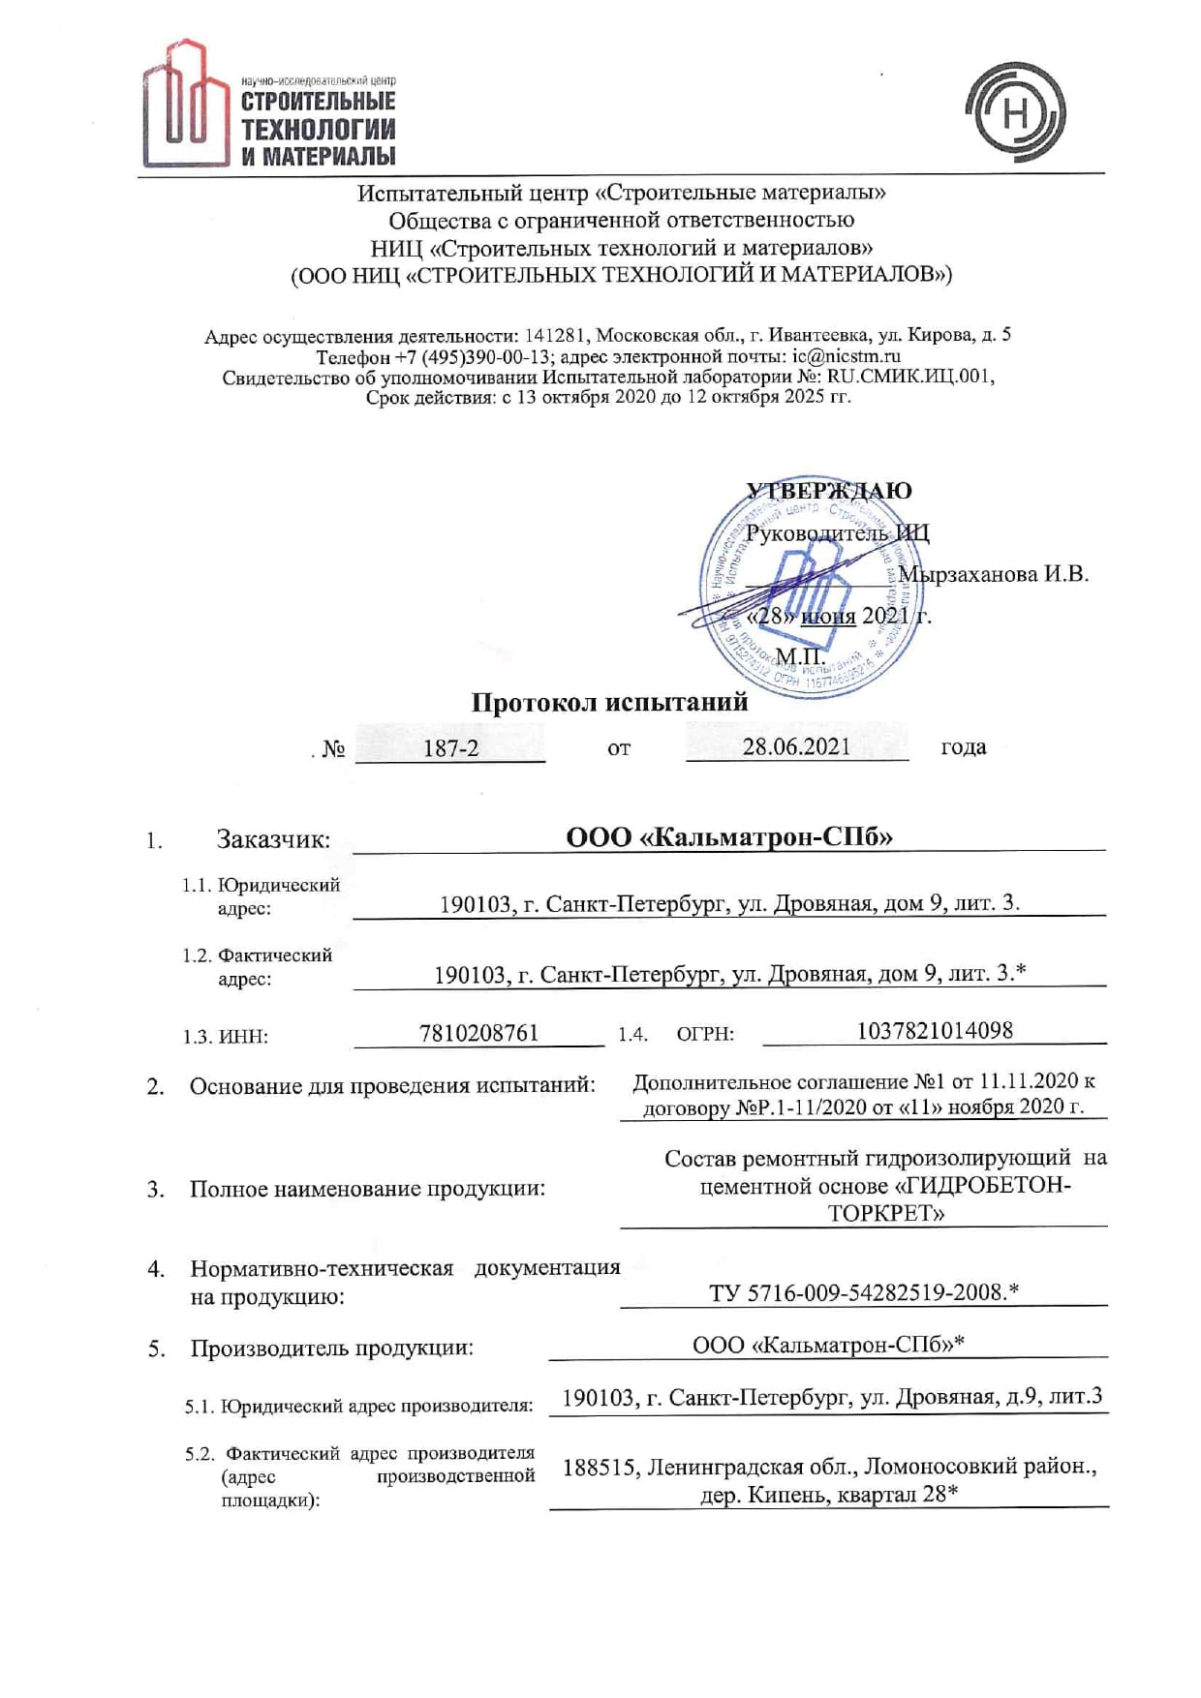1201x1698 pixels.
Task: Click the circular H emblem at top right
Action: click(1014, 112)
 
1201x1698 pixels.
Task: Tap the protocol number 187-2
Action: click(450, 748)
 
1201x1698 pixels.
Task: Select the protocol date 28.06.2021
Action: click(796, 746)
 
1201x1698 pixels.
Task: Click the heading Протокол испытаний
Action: click(609, 703)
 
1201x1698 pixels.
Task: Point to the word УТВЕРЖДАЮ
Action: click(829, 491)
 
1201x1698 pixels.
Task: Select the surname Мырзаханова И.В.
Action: click(994, 574)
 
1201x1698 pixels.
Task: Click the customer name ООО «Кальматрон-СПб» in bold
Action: click(728, 836)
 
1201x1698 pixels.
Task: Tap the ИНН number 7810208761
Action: click(478, 1033)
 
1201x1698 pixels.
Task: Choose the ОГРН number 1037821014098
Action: click(934, 1030)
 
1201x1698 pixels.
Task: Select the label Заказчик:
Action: click(273, 839)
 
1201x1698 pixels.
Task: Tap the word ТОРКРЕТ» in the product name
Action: click(885, 1213)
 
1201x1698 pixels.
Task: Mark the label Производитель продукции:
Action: click(331, 1348)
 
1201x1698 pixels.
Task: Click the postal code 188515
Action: click(600, 1468)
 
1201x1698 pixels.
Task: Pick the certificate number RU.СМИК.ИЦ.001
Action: click(909, 377)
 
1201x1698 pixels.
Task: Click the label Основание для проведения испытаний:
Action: click(391, 1086)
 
